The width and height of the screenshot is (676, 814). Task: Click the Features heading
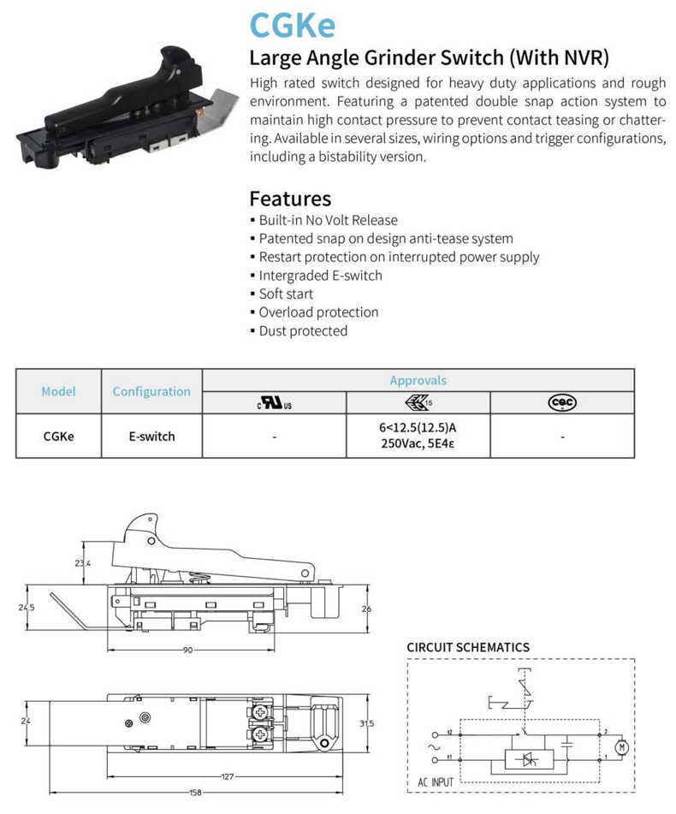coord(289,199)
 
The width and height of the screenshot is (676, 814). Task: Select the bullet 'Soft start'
coord(286,294)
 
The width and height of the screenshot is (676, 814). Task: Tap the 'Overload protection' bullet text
coord(318,312)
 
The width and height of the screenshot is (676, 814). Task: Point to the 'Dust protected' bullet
coord(303,330)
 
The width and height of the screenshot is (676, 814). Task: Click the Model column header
coord(58,391)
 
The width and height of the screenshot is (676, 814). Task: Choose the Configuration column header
coord(151,391)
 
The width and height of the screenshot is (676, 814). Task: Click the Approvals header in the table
coord(418,380)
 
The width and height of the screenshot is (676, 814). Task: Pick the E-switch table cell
coord(151,436)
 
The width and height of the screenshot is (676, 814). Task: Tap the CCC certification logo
coord(562,402)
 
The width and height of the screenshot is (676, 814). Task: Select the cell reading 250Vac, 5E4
coord(418,443)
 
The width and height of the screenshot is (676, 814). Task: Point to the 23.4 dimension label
coord(82,562)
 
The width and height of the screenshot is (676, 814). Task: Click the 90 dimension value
coord(187,650)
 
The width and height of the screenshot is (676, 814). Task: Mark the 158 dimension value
coord(196,793)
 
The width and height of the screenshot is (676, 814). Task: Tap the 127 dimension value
coord(228,777)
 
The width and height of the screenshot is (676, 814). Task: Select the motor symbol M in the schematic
coord(622,747)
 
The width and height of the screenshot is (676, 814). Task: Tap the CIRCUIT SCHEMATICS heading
coord(467,647)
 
